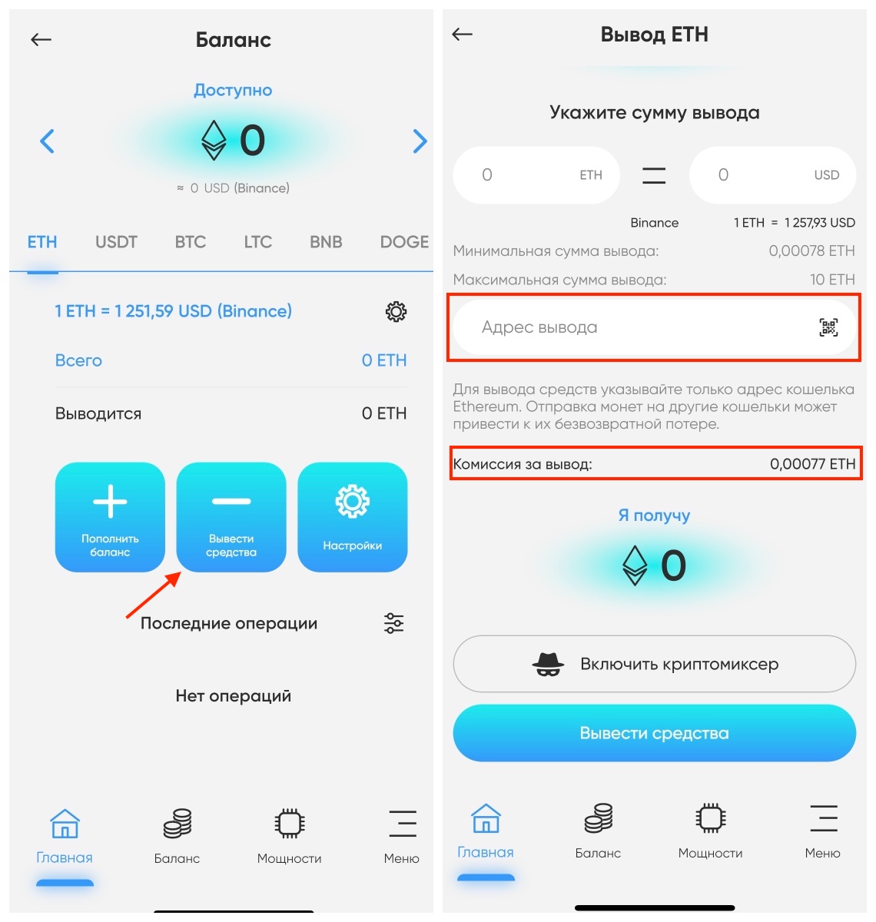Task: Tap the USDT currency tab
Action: [x=116, y=242]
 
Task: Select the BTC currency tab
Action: [x=190, y=242]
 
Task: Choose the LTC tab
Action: [x=257, y=242]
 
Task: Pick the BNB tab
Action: [x=326, y=242]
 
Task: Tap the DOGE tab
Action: [x=404, y=242]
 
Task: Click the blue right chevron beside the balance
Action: [x=420, y=141]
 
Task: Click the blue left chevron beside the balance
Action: [x=47, y=141]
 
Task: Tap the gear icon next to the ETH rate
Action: [x=396, y=312]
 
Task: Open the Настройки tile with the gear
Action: [x=352, y=516]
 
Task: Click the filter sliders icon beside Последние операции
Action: [x=393, y=623]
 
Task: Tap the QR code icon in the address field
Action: [x=828, y=328]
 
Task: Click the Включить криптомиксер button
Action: [x=654, y=664]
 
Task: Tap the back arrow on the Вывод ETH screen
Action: [x=462, y=34]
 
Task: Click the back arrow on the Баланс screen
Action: [x=41, y=39]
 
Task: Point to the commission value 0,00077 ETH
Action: [x=812, y=464]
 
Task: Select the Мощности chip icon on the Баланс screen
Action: [x=289, y=824]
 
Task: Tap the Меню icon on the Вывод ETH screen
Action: [x=822, y=819]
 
